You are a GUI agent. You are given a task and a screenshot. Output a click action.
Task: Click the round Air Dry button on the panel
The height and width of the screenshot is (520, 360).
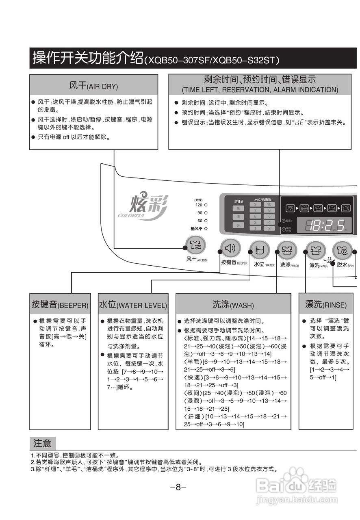pos(195,245)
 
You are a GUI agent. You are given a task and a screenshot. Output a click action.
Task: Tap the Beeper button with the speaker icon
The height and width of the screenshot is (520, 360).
pos(230,248)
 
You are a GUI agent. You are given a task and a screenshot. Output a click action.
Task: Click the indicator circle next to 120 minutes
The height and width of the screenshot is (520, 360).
pos(206,205)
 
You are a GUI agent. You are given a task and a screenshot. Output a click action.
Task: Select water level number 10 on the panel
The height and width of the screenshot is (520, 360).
pos(269,204)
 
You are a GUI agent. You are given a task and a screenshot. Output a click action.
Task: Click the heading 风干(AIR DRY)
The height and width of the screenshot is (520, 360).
pos(93,86)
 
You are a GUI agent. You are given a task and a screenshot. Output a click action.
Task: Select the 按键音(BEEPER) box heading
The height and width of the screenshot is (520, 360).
pos(60,305)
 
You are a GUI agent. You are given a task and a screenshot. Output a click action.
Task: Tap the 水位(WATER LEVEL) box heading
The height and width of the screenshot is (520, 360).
pos(133,305)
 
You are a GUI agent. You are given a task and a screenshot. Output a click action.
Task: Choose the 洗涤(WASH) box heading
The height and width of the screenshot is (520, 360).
pos(233,305)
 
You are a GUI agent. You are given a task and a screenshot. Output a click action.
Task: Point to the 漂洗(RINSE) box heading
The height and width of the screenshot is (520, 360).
pos(326,304)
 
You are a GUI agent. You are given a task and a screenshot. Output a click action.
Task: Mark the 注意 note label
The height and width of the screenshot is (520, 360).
pos(43,443)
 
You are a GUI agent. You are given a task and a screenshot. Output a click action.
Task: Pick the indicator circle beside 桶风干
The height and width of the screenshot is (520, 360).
pos(206,229)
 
